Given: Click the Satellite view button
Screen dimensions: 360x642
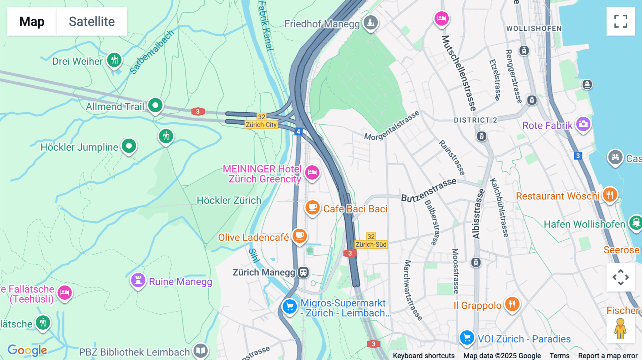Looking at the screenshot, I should click(92, 21).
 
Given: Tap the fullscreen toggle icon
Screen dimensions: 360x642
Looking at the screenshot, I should click(621, 21).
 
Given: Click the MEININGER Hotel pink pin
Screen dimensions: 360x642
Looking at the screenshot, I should click(312, 173).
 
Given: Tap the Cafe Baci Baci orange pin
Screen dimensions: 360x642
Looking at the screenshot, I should click(312, 207).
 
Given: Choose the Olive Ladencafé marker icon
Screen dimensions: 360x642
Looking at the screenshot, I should click(300, 236).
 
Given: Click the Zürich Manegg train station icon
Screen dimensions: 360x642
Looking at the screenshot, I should click(304, 272).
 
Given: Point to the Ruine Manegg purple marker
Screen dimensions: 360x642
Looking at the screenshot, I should click(138, 281).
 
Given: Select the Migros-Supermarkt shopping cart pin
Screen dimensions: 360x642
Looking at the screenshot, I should click(290, 307).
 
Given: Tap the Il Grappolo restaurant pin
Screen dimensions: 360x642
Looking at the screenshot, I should click(512, 304).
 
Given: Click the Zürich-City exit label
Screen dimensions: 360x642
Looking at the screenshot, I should click(261, 125).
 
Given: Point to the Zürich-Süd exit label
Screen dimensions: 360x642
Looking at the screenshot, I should click(371, 245).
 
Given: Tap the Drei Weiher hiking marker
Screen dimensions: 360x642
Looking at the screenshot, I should click(114, 60).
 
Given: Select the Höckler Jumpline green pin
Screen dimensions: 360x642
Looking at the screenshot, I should click(129, 146).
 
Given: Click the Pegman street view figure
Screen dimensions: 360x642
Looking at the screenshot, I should click(620, 328).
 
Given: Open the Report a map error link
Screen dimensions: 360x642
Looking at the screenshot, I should click(607, 356).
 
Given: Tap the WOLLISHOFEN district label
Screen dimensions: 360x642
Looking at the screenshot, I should click(534, 29).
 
